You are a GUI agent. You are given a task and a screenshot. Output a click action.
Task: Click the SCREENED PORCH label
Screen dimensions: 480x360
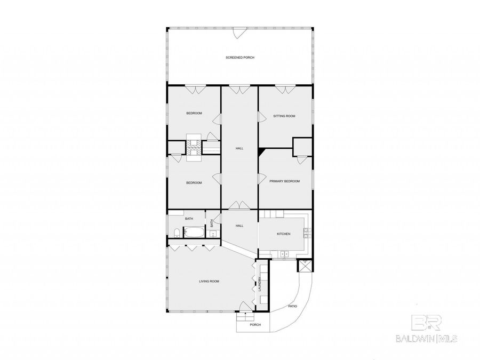(240, 58)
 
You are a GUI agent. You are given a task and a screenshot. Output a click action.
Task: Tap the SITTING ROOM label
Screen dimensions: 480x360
(284, 116)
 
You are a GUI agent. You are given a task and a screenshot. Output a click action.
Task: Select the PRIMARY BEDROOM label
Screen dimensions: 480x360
(285, 181)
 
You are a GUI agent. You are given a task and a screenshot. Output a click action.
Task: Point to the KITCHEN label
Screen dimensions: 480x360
(284, 234)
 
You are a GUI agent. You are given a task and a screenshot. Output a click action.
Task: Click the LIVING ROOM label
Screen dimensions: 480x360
(209, 281)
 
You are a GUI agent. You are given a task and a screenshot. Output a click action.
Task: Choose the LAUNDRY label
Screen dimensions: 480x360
(260, 284)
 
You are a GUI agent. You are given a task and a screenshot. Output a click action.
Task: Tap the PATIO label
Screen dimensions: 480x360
(292, 306)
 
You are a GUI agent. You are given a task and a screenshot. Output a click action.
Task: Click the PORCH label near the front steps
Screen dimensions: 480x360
(255, 325)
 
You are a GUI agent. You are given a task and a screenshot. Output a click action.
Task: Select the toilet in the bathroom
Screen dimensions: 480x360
(177, 233)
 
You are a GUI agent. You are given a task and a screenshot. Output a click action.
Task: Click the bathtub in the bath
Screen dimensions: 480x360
(194, 232)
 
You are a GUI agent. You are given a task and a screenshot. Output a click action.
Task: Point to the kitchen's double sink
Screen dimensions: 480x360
(285, 254)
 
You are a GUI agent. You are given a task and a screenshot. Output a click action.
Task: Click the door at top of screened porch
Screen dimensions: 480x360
(239, 33)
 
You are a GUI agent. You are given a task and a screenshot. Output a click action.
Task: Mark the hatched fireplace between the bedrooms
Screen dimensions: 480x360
(194, 148)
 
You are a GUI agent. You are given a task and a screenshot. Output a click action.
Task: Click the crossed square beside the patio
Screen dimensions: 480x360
(305, 266)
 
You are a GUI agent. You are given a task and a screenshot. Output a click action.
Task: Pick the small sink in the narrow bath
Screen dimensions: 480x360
(212, 235)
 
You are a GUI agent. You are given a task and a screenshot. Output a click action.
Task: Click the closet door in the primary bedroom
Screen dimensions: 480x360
(301, 160)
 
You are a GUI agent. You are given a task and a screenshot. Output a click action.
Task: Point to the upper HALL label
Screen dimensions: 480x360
(239, 148)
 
